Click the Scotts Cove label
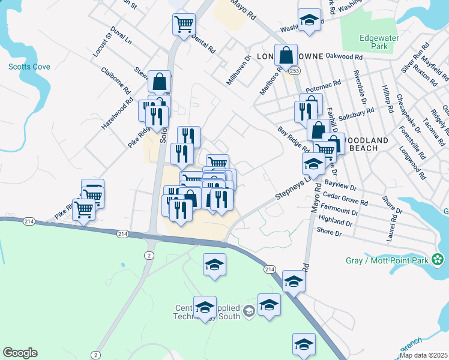coord(29,67)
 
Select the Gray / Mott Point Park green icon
coord(439,260)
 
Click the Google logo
coord(20,353)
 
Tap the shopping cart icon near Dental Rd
coord(184,25)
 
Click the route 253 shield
coord(294,71)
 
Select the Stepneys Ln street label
coord(294,187)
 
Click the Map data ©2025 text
coord(423,355)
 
